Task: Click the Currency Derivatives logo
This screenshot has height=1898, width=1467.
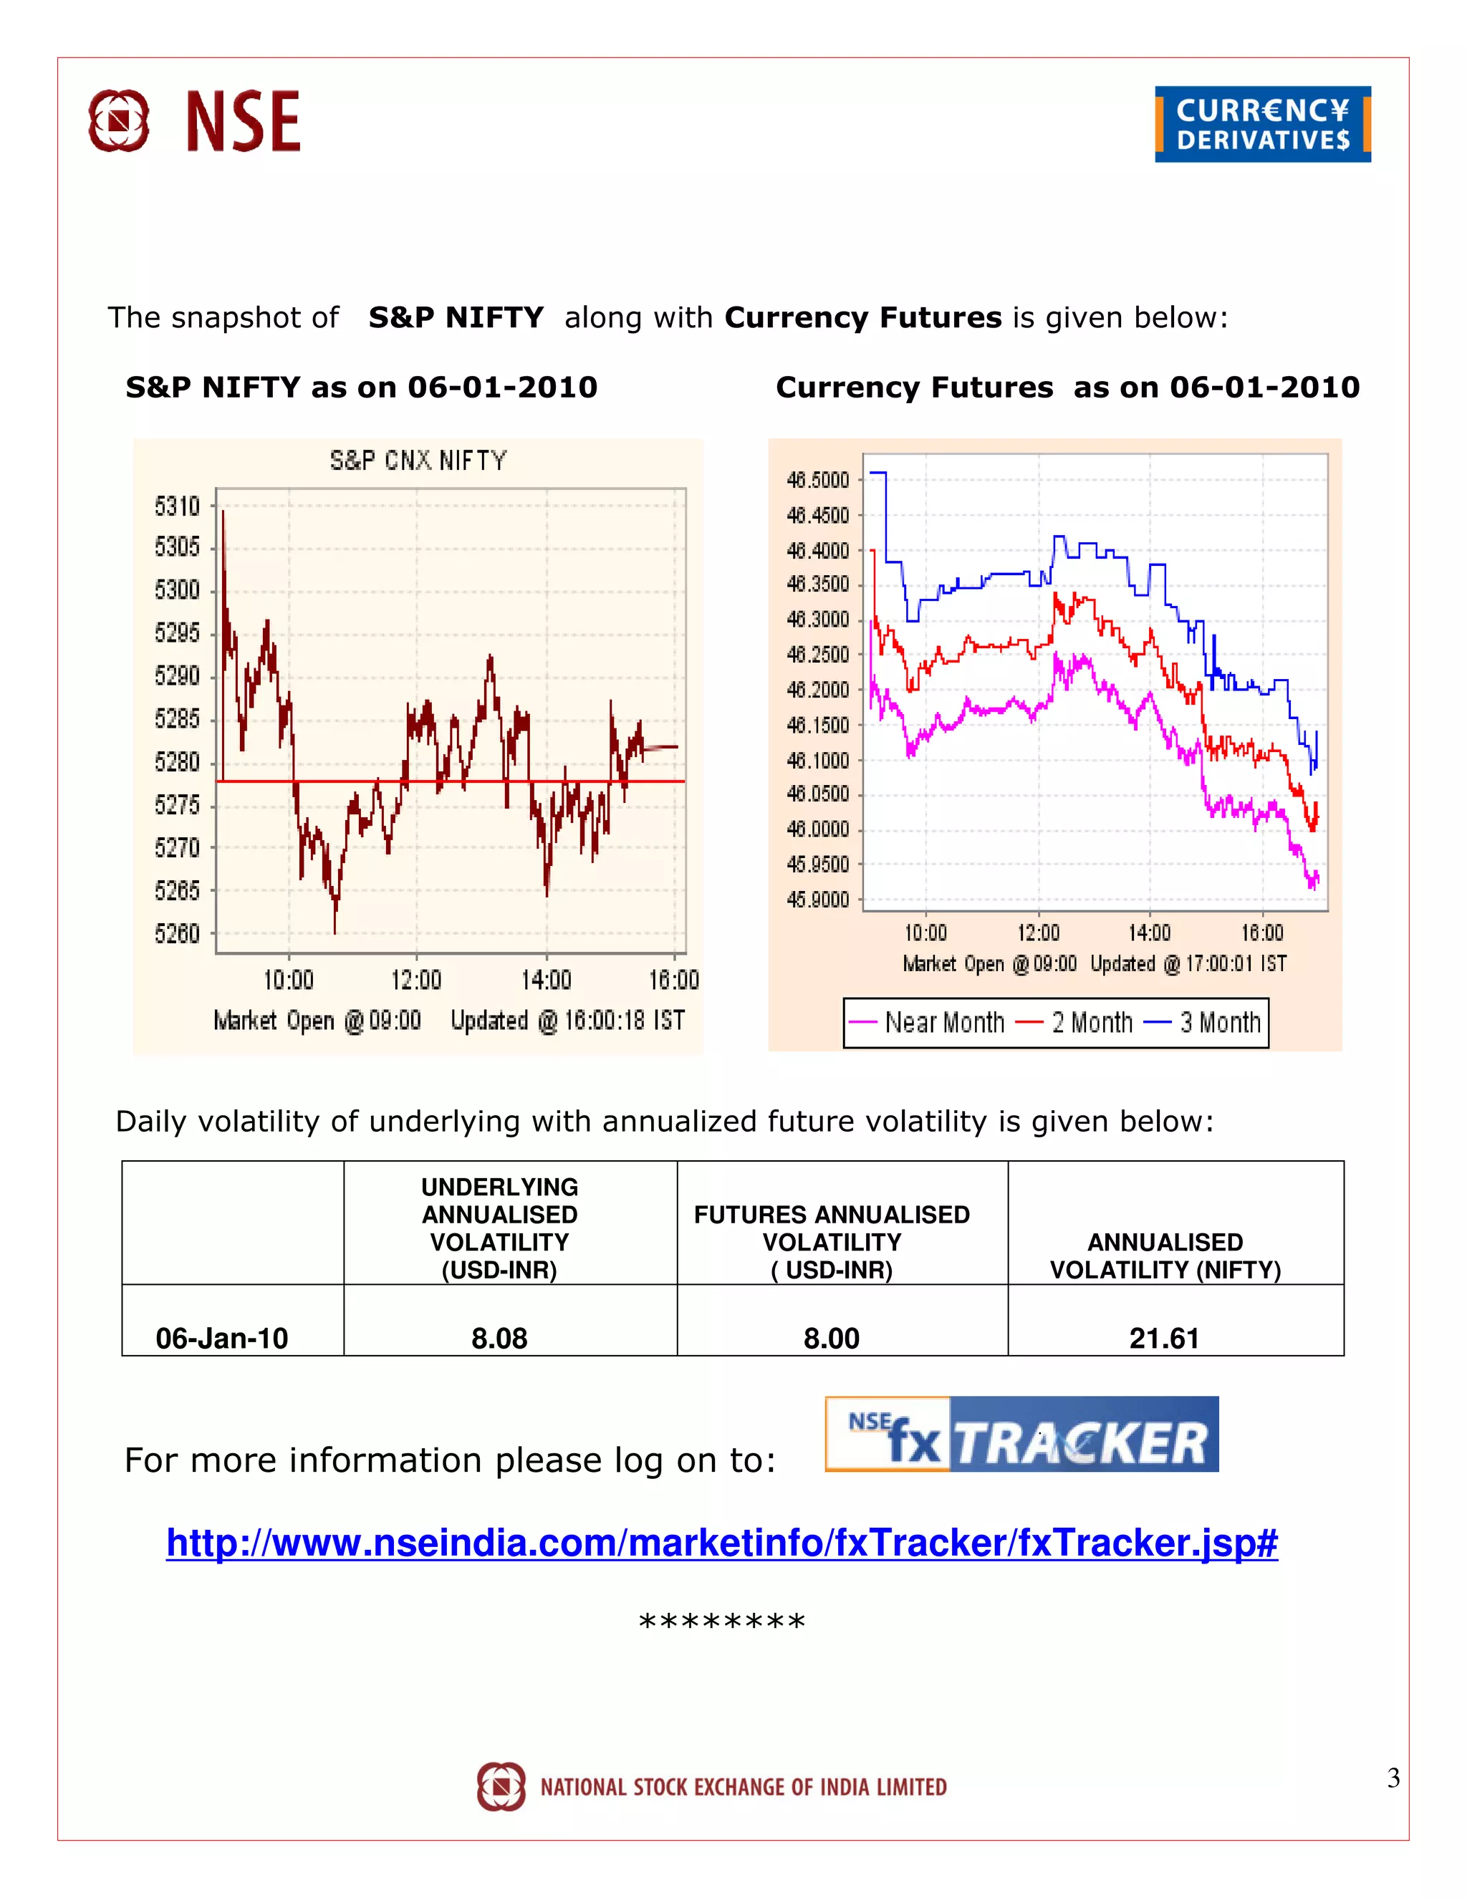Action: (x=1262, y=125)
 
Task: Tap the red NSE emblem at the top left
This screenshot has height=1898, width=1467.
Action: (x=119, y=121)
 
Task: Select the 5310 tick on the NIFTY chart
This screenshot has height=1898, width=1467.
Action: (x=178, y=506)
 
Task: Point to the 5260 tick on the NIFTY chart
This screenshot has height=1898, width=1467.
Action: (x=178, y=933)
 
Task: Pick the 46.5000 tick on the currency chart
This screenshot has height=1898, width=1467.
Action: (x=817, y=480)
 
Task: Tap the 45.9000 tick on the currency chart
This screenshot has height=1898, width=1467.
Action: (x=817, y=900)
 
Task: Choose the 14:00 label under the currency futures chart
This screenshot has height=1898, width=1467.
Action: (x=1149, y=933)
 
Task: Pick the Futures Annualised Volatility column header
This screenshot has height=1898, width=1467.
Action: (x=832, y=1242)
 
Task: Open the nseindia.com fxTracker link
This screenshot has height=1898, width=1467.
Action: (x=721, y=1543)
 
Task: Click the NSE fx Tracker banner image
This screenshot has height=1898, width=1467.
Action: (x=1021, y=1434)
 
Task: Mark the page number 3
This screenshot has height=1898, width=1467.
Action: (x=1393, y=1778)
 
